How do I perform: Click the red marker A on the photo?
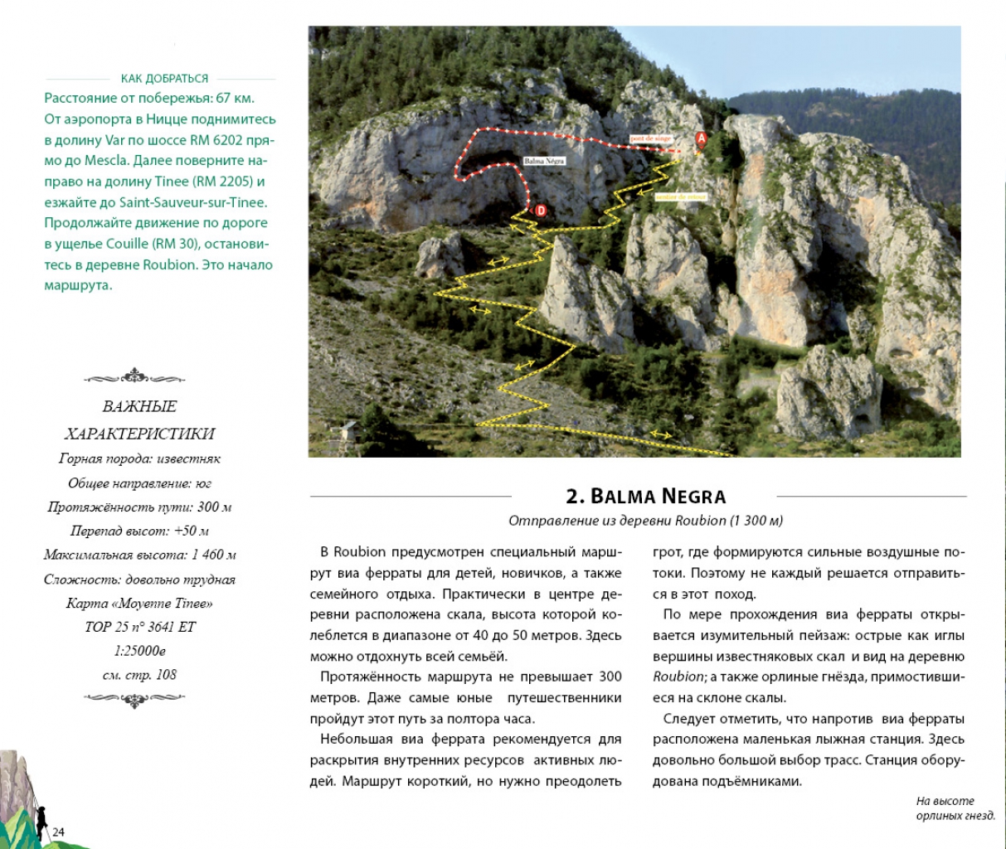pos(701,138)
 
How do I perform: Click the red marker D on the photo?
pos(541,211)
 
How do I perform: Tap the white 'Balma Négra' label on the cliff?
pos(544,161)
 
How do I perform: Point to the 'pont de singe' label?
pos(651,139)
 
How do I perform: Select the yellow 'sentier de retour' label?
pos(680,197)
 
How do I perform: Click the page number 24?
pos(59,832)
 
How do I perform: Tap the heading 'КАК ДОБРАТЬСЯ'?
pos(164,79)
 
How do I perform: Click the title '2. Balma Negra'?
pos(645,497)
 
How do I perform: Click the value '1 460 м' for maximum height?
pos(214,555)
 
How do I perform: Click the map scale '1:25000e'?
pos(139,651)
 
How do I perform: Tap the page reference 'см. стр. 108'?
pos(139,675)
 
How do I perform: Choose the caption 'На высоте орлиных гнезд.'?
pos(955,808)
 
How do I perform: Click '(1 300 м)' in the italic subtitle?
pos(756,521)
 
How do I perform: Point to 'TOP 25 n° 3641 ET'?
pos(139,627)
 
